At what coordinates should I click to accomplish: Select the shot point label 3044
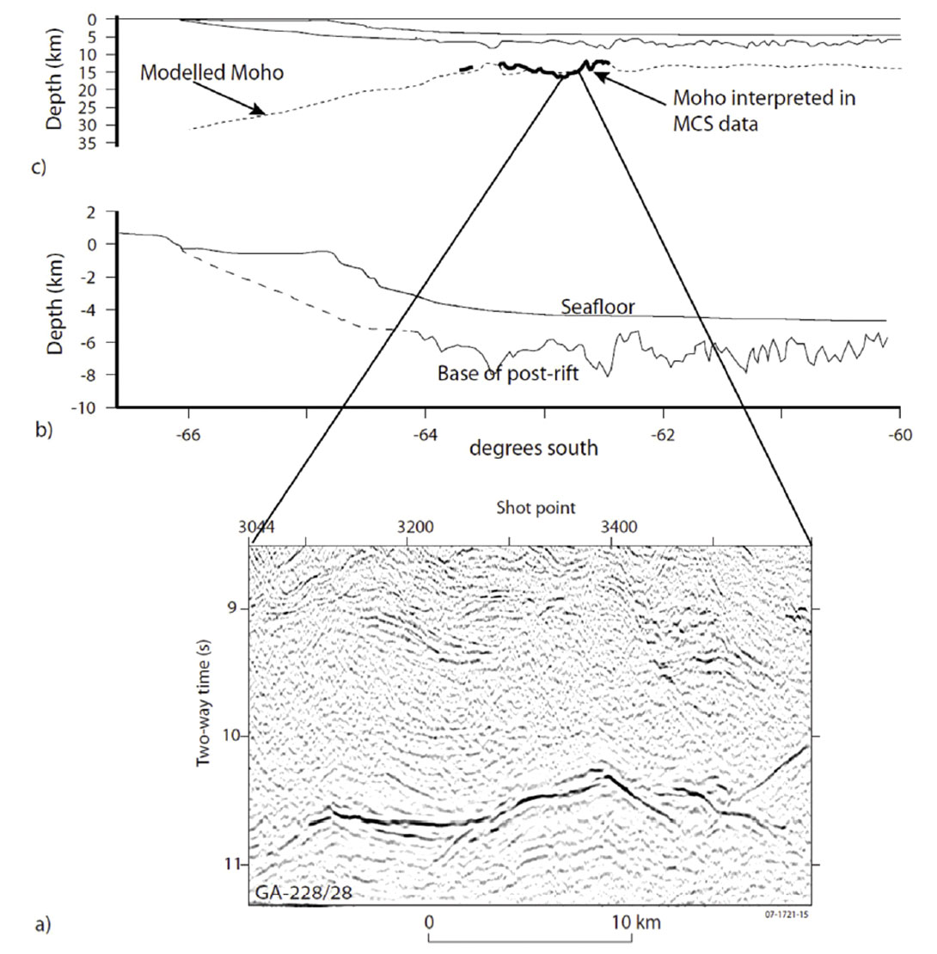coord(258,527)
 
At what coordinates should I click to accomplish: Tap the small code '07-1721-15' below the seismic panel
coord(787,914)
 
